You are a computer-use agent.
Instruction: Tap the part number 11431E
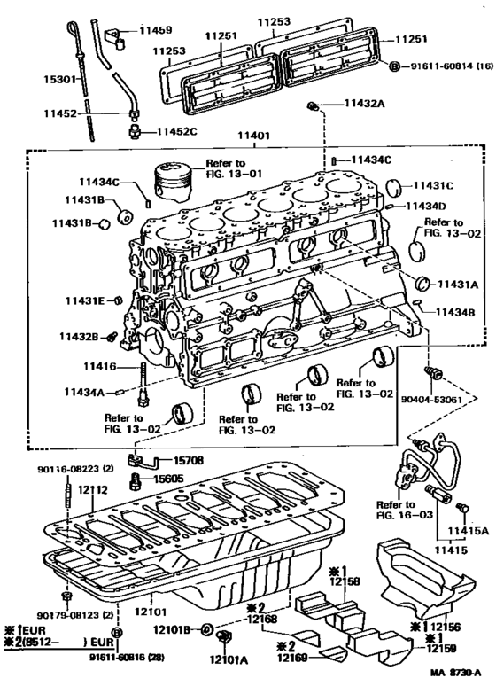85,300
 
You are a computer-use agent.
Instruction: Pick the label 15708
188,462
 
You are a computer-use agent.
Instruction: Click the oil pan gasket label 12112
90,489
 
